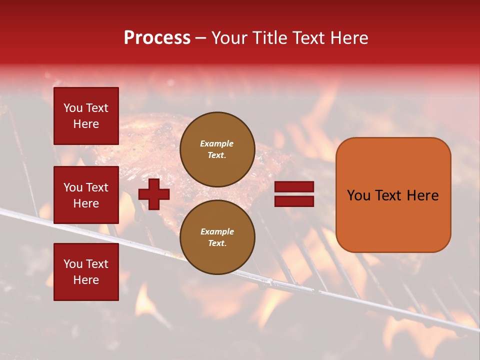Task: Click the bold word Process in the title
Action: [x=157, y=38]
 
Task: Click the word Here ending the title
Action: [x=350, y=38]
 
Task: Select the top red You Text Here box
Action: [x=86, y=116]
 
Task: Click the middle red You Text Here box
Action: [x=86, y=195]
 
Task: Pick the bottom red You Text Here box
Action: [x=86, y=271]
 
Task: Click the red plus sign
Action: [x=154, y=194]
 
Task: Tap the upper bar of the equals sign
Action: [x=294, y=187]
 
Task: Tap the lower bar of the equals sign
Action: [x=294, y=201]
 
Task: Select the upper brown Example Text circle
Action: [x=217, y=149]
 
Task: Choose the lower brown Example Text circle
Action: [x=217, y=237]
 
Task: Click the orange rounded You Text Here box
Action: [x=393, y=194]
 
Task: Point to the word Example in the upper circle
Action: [x=217, y=143]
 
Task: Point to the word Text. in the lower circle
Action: [x=217, y=243]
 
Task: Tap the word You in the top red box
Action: [x=73, y=108]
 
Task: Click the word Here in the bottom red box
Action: [x=86, y=280]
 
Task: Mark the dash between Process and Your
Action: [x=201, y=38]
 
